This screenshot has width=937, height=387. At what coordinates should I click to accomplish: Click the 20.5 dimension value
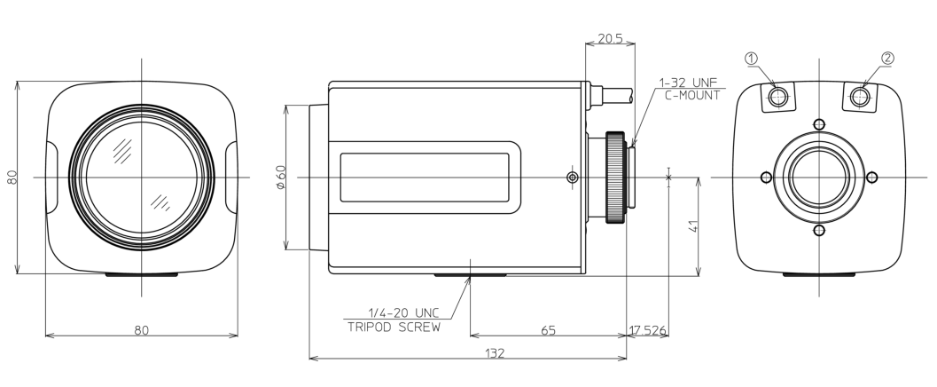tap(610, 39)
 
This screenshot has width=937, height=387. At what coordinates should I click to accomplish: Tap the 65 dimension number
tap(547, 330)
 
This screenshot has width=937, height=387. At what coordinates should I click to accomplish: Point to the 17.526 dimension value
tap(647, 330)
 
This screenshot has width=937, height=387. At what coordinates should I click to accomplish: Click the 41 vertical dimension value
tap(693, 226)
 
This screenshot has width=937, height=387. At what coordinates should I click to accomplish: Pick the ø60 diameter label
tap(282, 178)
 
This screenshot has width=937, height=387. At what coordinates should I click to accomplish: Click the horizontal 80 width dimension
tap(141, 329)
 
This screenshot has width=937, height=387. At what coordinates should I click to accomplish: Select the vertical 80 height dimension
tap(12, 177)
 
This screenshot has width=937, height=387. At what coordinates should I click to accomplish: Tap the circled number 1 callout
tap(751, 58)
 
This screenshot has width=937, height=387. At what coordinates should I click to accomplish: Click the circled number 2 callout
tap(887, 58)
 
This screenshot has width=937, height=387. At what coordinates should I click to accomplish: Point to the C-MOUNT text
tap(692, 95)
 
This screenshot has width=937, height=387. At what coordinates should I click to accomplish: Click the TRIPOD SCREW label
tap(394, 328)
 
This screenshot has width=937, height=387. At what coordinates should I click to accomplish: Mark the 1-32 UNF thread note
tap(688, 82)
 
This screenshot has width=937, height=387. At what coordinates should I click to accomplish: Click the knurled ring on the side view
tap(615, 177)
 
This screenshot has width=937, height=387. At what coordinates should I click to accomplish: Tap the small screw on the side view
tap(573, 177)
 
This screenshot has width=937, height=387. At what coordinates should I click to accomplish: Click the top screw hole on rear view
tap(819, 124)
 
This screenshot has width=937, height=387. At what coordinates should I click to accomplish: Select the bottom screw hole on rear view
tap(819, 230)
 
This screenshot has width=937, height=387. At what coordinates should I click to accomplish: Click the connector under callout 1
tap(778, 97)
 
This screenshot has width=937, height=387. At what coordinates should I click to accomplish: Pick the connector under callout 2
tap(860, 97)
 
